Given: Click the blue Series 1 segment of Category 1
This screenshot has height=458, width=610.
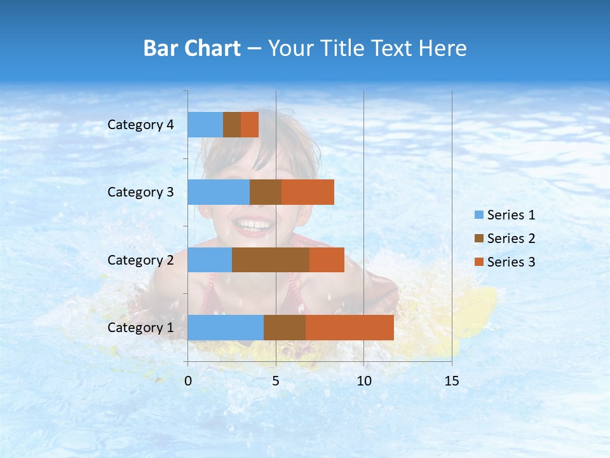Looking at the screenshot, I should [226, 328].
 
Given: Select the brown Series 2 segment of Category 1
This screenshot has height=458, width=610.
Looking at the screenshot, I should [285, 328].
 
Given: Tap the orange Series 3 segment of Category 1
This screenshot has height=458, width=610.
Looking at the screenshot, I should [349, 328].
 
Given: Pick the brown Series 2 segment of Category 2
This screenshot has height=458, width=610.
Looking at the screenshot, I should [271, 260].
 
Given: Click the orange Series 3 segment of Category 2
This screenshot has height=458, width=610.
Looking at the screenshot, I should [327, 260].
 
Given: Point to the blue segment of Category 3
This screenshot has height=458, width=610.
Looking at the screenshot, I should [219, 192].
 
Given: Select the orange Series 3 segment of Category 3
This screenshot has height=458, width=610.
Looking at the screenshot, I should [308, 192].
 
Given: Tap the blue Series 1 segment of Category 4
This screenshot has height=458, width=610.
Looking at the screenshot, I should [205, 125].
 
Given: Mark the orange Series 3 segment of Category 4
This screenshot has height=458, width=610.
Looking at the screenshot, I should [250, 125].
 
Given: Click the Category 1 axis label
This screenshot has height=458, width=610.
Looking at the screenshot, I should [140, 328].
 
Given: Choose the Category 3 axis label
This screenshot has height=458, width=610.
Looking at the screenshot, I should [140, 192].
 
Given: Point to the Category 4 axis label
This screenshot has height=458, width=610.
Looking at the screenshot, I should [140, 125].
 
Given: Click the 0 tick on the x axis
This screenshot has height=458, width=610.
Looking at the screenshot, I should [188, 381].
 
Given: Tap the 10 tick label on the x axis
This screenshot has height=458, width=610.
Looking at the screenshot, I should [363, 381].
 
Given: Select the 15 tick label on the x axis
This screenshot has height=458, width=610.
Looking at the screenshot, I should [452, 381].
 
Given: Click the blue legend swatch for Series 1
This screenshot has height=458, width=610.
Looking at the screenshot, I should [478, 215].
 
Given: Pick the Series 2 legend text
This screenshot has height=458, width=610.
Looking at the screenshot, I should [511, 239].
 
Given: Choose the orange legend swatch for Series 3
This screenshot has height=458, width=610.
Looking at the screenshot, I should [478, 262].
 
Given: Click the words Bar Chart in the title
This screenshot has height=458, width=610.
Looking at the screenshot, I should [192, 48].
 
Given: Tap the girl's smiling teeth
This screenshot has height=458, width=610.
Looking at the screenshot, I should [254, 225].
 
